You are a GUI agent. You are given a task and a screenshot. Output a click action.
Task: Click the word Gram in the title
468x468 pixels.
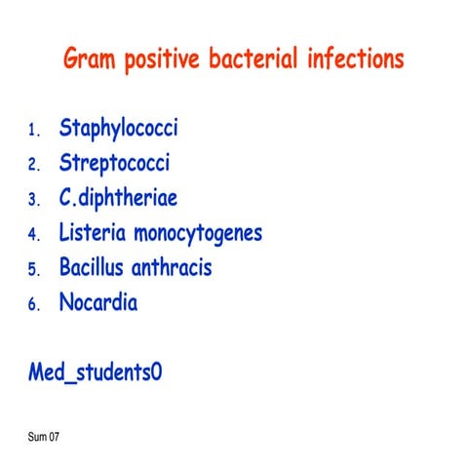pyautogui.click(x=89, y=59)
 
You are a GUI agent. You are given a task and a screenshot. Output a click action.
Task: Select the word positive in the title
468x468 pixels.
pyautogui.click(x=160, y=60)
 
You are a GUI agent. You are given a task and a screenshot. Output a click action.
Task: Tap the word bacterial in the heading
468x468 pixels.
pyautogui.click(x=250, y=59)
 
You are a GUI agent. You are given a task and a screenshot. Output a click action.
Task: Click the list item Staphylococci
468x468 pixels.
pyautogui.click(x=118, y=129)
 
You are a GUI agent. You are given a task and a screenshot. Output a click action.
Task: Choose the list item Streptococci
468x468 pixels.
pyautogui.click(x=114, y=164)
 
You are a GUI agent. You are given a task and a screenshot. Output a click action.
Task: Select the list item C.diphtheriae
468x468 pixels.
pyautogui.click(x=118, y=199)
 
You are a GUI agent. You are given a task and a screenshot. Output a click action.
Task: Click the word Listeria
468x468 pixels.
pyautogui.click(x=93, y=233)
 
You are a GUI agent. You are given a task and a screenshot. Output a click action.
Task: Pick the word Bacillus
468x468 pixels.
pyautogui.click(x=94, y=267)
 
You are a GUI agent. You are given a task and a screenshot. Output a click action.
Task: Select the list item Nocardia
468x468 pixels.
pyautogui.click(x=97, y=302)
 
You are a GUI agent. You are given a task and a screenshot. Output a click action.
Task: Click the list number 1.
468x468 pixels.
pyautogui.click(x=32, y=131)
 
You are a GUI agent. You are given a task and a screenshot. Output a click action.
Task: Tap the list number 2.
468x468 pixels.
pyautogui.click(x=32, y=166)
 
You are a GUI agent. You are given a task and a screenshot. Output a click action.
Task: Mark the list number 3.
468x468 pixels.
pyautogui.click(x=32, y=201)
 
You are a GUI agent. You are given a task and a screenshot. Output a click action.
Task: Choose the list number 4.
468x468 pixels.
pyautogui.click(x=32, y=235)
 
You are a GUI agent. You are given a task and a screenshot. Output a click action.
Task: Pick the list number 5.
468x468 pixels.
pyautogui.click(x=32, y=270)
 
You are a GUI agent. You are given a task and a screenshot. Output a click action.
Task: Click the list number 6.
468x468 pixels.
pyautogui.click(x=32, y=305)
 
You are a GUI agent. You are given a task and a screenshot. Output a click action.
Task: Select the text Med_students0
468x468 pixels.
pyautogui.click(x=95, y=372)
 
